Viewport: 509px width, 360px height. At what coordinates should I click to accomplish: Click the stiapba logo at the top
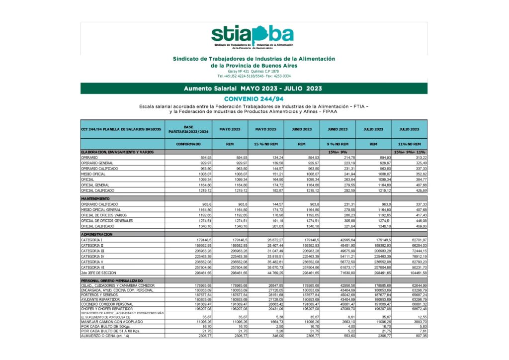click(253, 36)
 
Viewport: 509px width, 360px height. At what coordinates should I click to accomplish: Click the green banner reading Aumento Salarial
click(254, 89)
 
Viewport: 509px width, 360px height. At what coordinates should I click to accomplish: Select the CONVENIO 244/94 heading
click(254, 98)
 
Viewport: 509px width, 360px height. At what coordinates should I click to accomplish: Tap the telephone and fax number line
click(254, 76)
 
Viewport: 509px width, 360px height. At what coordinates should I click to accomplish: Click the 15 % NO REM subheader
click(265, 144)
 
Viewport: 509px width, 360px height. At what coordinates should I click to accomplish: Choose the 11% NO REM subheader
click(409, 144)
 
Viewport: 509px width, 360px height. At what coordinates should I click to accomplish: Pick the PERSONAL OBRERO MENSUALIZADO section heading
click(111, 281)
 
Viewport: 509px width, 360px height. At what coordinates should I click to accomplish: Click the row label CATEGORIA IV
click(92, 257)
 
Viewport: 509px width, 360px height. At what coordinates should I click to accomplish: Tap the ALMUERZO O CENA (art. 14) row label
click(104, 336)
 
